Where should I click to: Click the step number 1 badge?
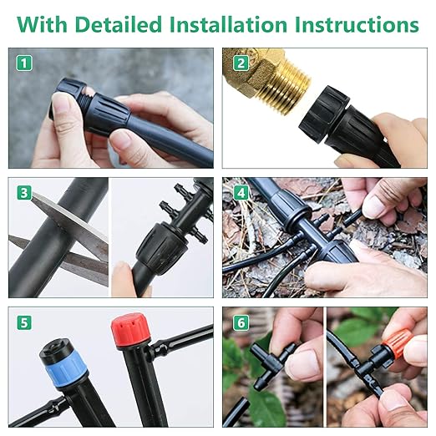click(25, 63)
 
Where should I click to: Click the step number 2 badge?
click(240, 63)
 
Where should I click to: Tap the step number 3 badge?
click(25, 193)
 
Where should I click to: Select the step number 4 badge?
click(240, 193)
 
